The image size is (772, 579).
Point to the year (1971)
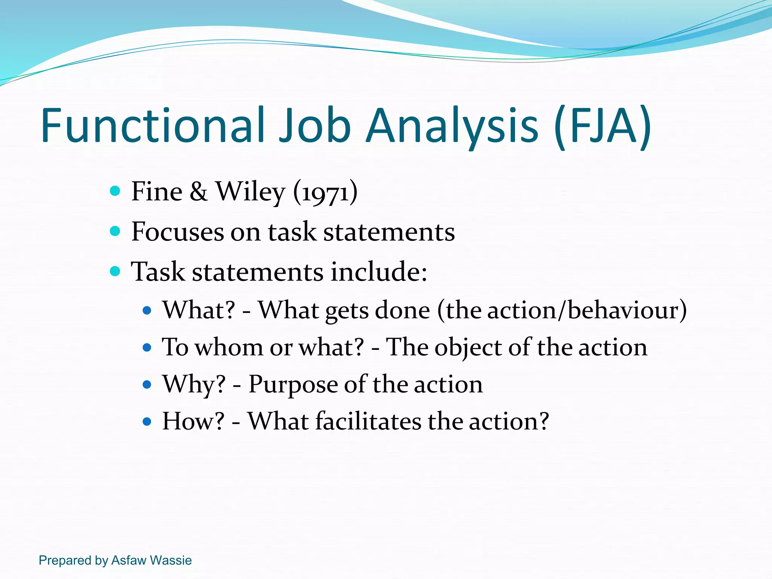325,192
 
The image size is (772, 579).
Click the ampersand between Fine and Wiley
199,191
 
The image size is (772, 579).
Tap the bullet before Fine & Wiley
115,191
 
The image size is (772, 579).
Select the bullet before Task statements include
115,271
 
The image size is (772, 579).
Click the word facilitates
368,421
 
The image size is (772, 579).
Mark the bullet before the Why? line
147,385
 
